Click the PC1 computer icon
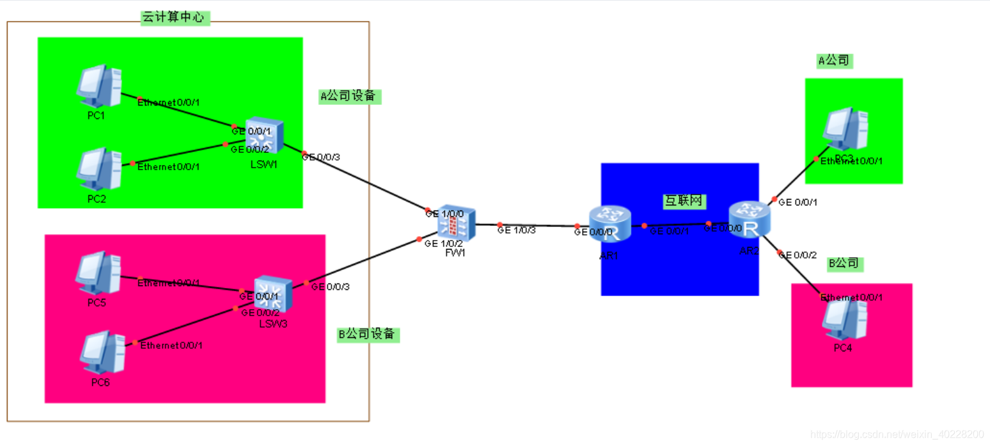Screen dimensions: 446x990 click(98, 86)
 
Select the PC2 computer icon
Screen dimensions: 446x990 click(98, 169)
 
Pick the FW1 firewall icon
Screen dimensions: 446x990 click(456, 223)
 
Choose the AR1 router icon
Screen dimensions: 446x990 click(611, 224)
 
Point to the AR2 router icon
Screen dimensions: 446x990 click(749, 221)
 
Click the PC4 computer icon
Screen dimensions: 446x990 click(844, 319)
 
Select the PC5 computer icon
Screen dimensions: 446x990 click(97, 272)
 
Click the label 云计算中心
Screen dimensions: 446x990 click(175, 18)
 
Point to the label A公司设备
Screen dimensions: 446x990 click(350, 97)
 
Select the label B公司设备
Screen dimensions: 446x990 click(368, 335)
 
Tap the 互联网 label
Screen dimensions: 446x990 click(684, 201)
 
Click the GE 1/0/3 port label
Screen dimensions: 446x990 click(517, 230)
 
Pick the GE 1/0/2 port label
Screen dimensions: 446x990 click(443, 244)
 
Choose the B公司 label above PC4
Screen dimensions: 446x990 click(845, 264)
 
